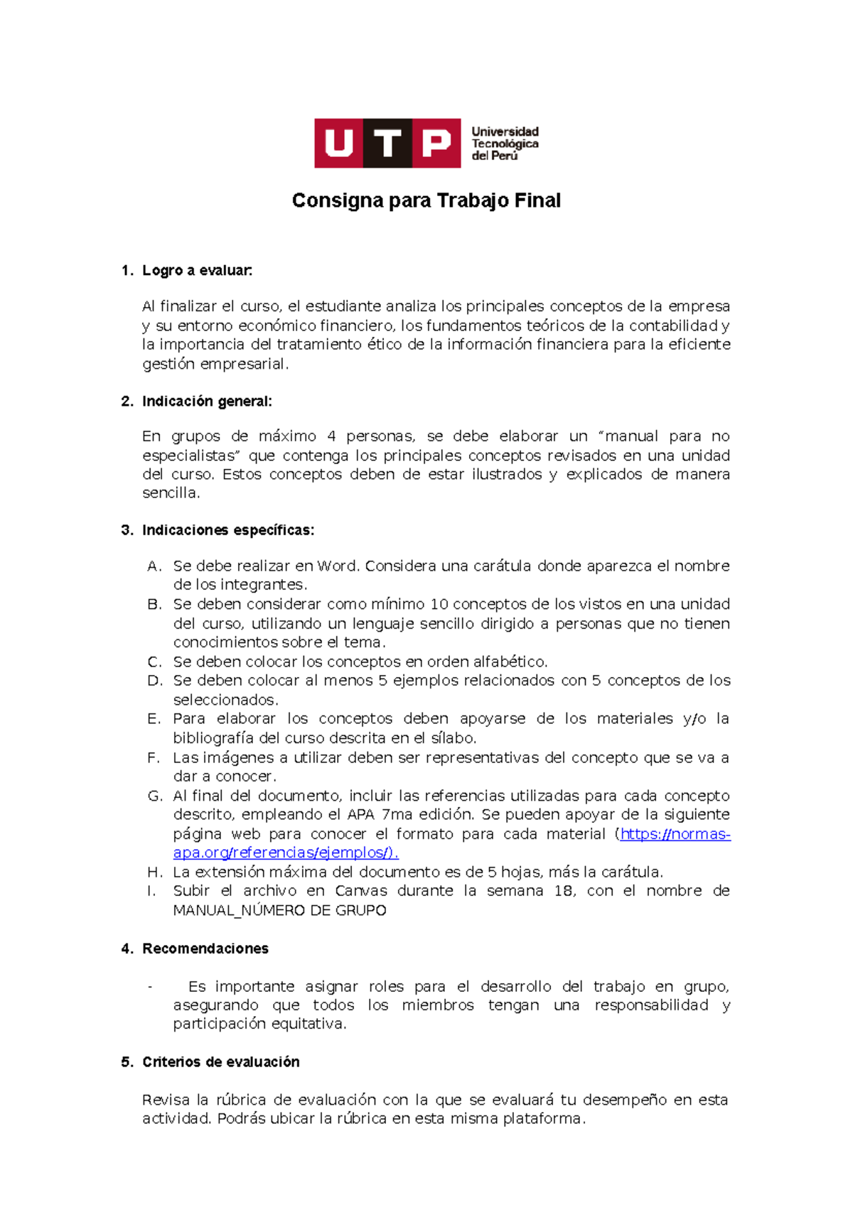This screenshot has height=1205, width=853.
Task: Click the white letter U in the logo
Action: click(339, 144)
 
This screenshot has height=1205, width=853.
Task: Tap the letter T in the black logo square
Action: click(387, 144)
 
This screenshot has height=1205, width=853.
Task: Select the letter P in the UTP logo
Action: click(436, 144)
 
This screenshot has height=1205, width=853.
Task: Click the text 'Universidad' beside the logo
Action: click(505, 132)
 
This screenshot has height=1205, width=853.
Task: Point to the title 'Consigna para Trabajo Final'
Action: click(426, 201)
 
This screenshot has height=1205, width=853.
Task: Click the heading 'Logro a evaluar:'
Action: click(197, 271)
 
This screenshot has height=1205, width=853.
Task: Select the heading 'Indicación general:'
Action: click(207, 401)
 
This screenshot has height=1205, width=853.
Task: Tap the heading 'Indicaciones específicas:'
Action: click(227, 530)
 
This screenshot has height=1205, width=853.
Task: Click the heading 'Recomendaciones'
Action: click(205, 949)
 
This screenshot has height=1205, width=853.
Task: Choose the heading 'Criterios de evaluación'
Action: click(220, 1061)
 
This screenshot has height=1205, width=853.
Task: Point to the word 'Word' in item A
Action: click(338, 566)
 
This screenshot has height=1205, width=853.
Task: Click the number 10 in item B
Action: click(439, 605)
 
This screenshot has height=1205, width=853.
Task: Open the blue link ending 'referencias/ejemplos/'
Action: click(284, 853)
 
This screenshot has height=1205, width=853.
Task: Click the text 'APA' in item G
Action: click(361, 815)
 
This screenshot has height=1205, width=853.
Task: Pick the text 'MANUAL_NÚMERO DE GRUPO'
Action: click(279, 911)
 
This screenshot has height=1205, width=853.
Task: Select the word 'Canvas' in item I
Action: click(361, 891)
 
